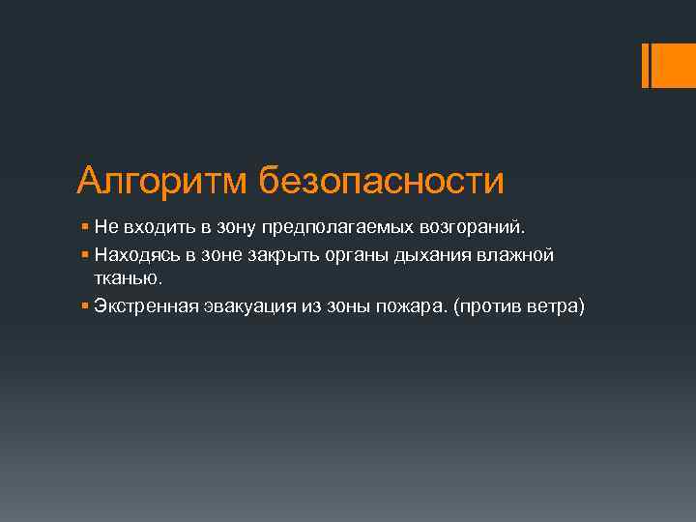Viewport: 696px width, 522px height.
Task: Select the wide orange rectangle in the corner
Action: click(x=668, y=65)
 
